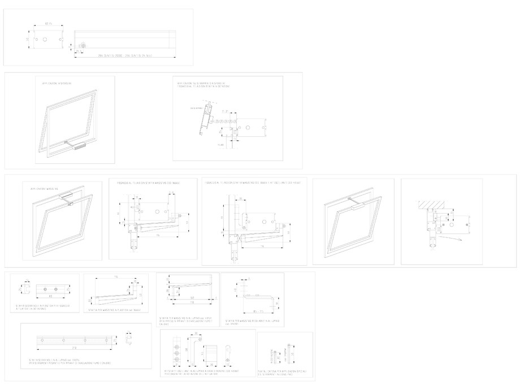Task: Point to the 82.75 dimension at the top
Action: tap(49, 24)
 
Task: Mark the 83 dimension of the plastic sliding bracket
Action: tap(50, 295)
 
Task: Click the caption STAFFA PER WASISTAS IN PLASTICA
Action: tap(115, 310)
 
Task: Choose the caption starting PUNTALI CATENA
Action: tap(284, 371)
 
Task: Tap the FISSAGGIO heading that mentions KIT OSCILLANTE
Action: tap(253, 183)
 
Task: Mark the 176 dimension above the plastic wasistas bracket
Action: tap(115, 277)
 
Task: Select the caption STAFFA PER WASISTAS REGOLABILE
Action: tap(250, 322)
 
